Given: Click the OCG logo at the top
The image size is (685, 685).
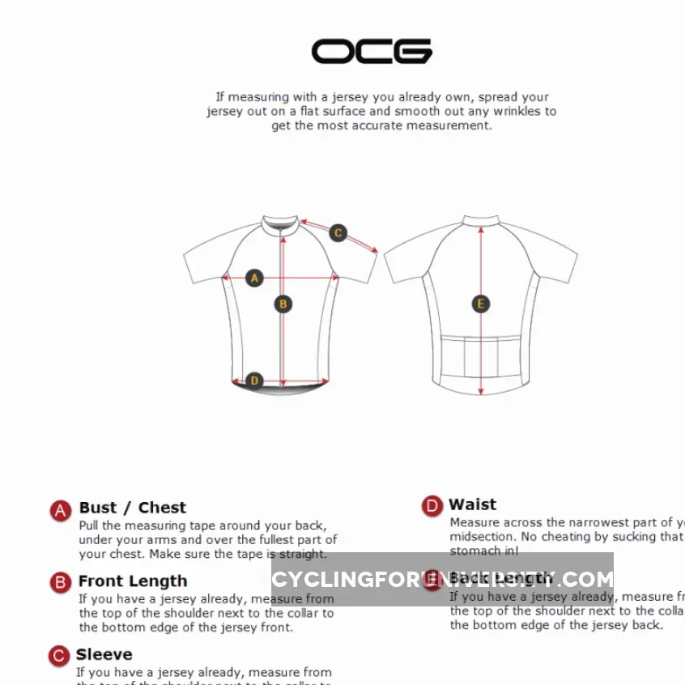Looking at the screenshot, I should pyautogui.click(x=372, y=51).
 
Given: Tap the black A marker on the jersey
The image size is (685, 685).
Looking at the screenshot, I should pyautogui.click(x=254, y=278).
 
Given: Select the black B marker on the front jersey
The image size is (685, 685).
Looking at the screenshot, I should pyautogui.click(x=283, y=304).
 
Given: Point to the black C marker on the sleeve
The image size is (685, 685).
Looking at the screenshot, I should pyautogui.click(x=338, y=233).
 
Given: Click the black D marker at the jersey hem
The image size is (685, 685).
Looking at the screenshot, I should pyautogui.click(x=254, y=381).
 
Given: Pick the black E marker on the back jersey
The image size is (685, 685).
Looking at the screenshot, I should pyautogui.click(x=481, y=304).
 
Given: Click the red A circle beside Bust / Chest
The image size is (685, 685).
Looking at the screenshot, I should pyautogui.click(x=61, y=510).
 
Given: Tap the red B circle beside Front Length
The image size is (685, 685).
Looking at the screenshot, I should pyautogui.click(x=61, y=583).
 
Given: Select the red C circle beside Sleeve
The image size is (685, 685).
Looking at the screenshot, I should pyautogui.click(x=59, y=656).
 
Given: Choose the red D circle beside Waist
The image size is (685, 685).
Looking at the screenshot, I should pyautogui.click(x=432, y=507).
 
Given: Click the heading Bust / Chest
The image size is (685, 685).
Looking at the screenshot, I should pyautogui.click(x=133, y=508).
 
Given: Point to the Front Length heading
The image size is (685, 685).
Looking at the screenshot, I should pyautogui.click(x=133, y=581).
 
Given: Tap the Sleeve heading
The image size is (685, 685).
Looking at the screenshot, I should pyautogui.click(x=104, y=654).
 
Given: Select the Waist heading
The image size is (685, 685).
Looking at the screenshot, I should pyautogui.click(x=473, y=504).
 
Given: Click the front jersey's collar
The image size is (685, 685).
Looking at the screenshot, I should pyautogui.click(x=283, y=223).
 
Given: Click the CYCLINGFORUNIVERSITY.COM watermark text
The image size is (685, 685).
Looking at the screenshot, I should pyautogui.click(x=442, y=579).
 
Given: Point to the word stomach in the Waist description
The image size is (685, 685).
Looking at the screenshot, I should pyautogui.click(x=474, y=551).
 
